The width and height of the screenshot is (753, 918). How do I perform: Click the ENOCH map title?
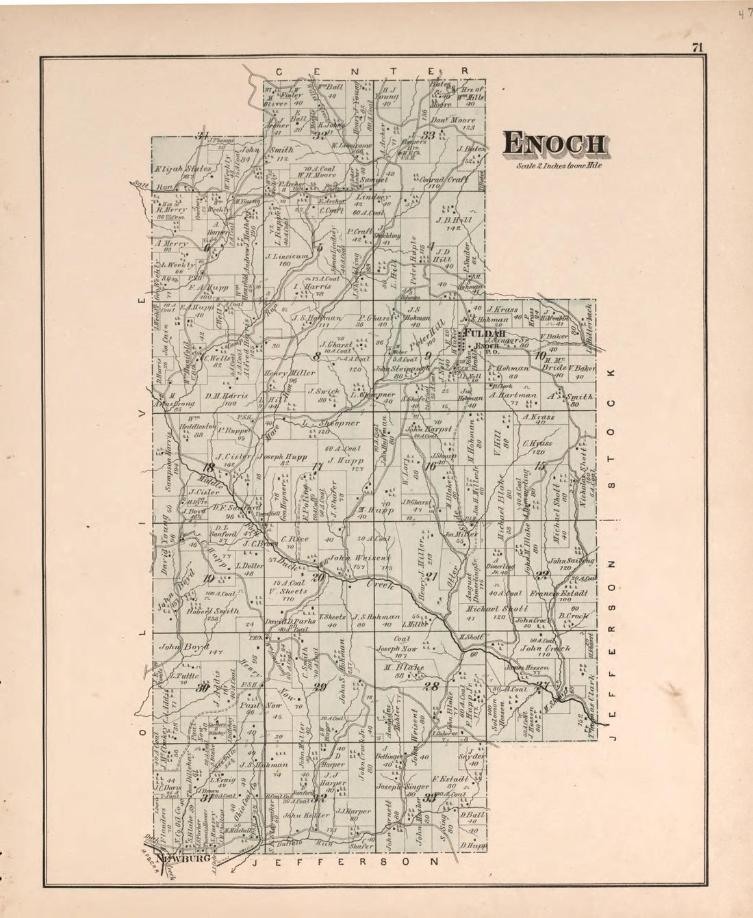point(554,144)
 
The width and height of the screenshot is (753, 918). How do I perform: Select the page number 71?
point(698,47)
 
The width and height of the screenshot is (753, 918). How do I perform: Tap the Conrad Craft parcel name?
point(448,179)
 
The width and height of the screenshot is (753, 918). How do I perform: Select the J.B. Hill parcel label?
point(454,220)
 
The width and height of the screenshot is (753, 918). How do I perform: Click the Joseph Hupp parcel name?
point(283,456)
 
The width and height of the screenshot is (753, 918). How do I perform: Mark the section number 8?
point(316,356)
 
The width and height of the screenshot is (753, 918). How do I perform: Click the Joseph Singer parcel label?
point(403,787)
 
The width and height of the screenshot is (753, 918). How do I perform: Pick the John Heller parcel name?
point(302,815)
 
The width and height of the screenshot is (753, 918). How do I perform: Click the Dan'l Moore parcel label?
point(453,120)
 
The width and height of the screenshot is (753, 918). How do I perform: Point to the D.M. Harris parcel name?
point(226,395)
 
